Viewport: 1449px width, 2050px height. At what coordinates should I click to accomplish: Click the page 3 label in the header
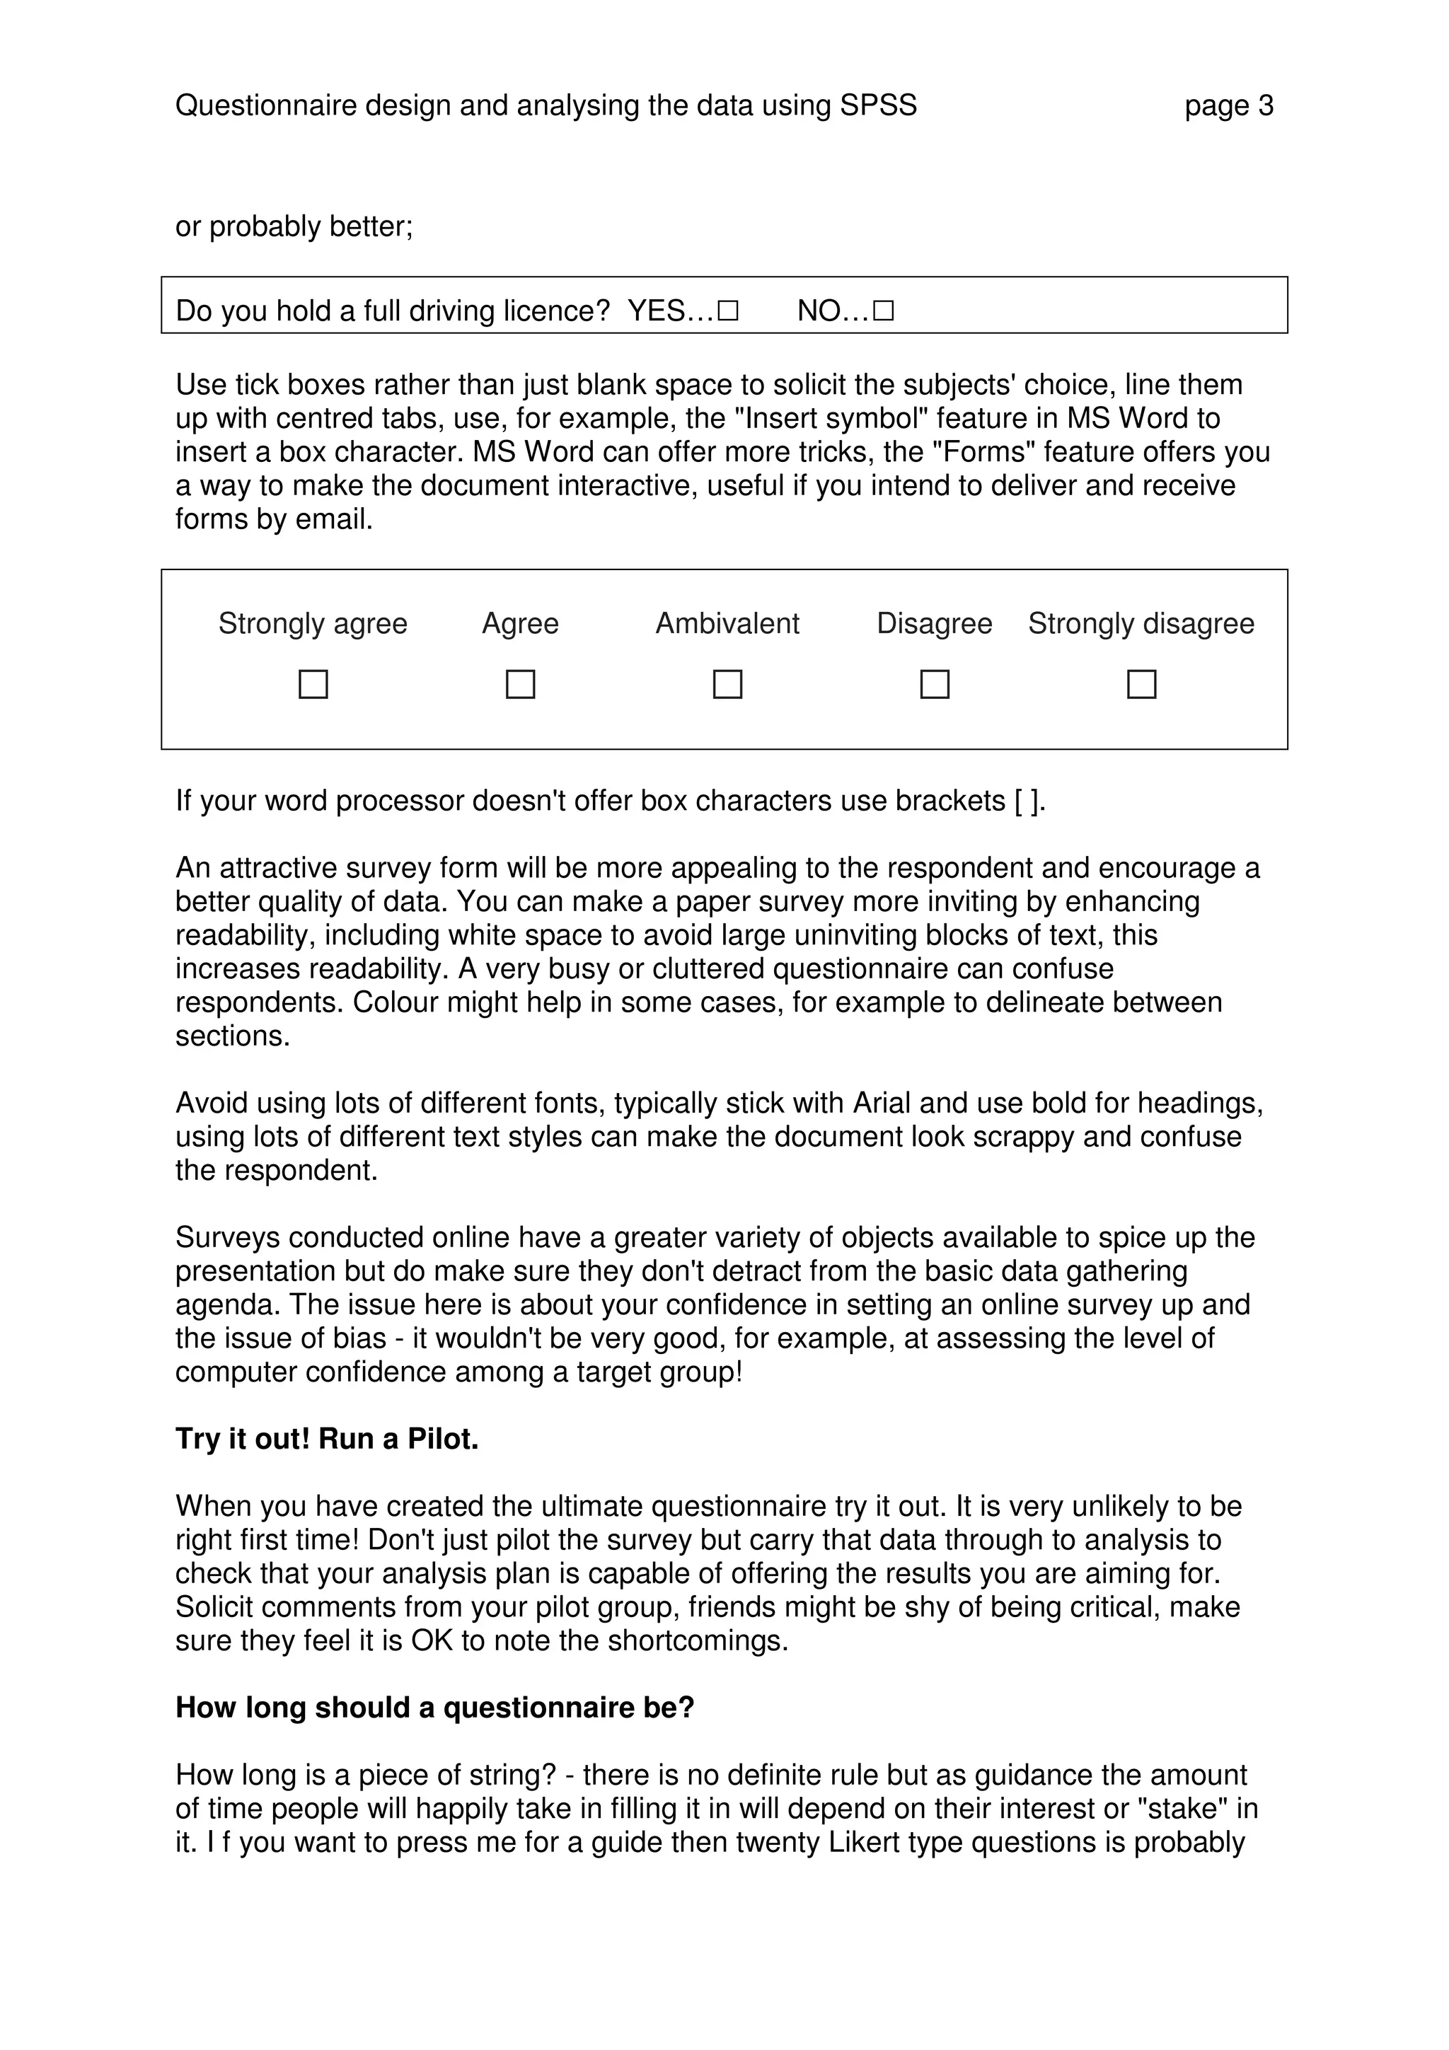[1228, 106]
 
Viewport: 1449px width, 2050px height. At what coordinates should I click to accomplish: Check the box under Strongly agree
[313, 684]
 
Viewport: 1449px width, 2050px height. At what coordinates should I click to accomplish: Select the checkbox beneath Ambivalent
[727, 684]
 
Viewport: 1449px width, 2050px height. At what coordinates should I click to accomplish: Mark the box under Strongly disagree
[1141, 684]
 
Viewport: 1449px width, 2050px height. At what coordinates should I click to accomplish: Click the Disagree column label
[934, 623]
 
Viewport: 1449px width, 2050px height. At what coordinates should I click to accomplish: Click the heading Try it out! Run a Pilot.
[327, 1438]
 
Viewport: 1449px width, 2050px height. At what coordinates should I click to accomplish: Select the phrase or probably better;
[294, 227]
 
